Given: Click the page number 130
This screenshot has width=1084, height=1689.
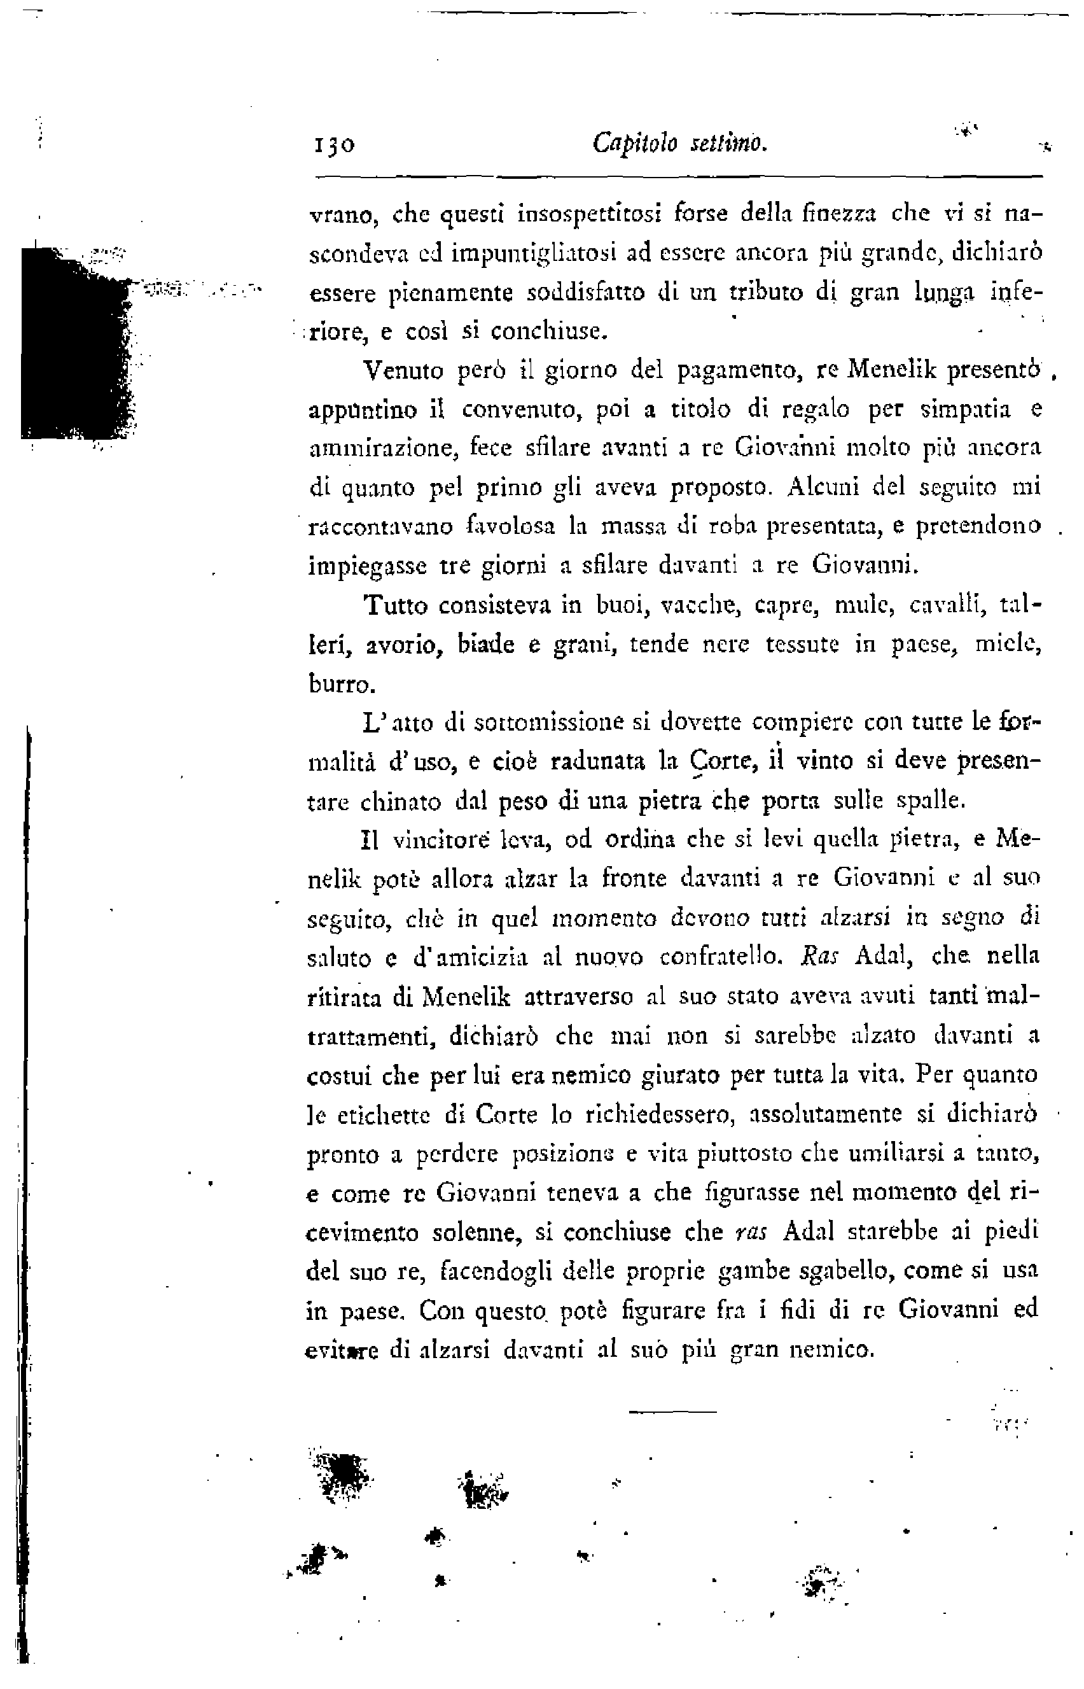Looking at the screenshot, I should (333, 145).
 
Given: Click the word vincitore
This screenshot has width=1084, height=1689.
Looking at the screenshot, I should (435, 840).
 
